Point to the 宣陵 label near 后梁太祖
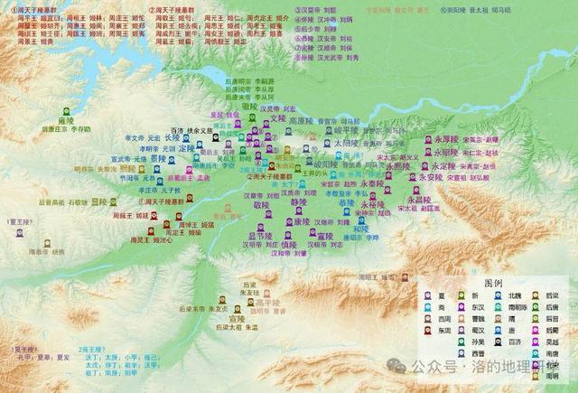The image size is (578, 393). click(x=237, y=319)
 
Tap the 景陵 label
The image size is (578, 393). click(x=157, y=157)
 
